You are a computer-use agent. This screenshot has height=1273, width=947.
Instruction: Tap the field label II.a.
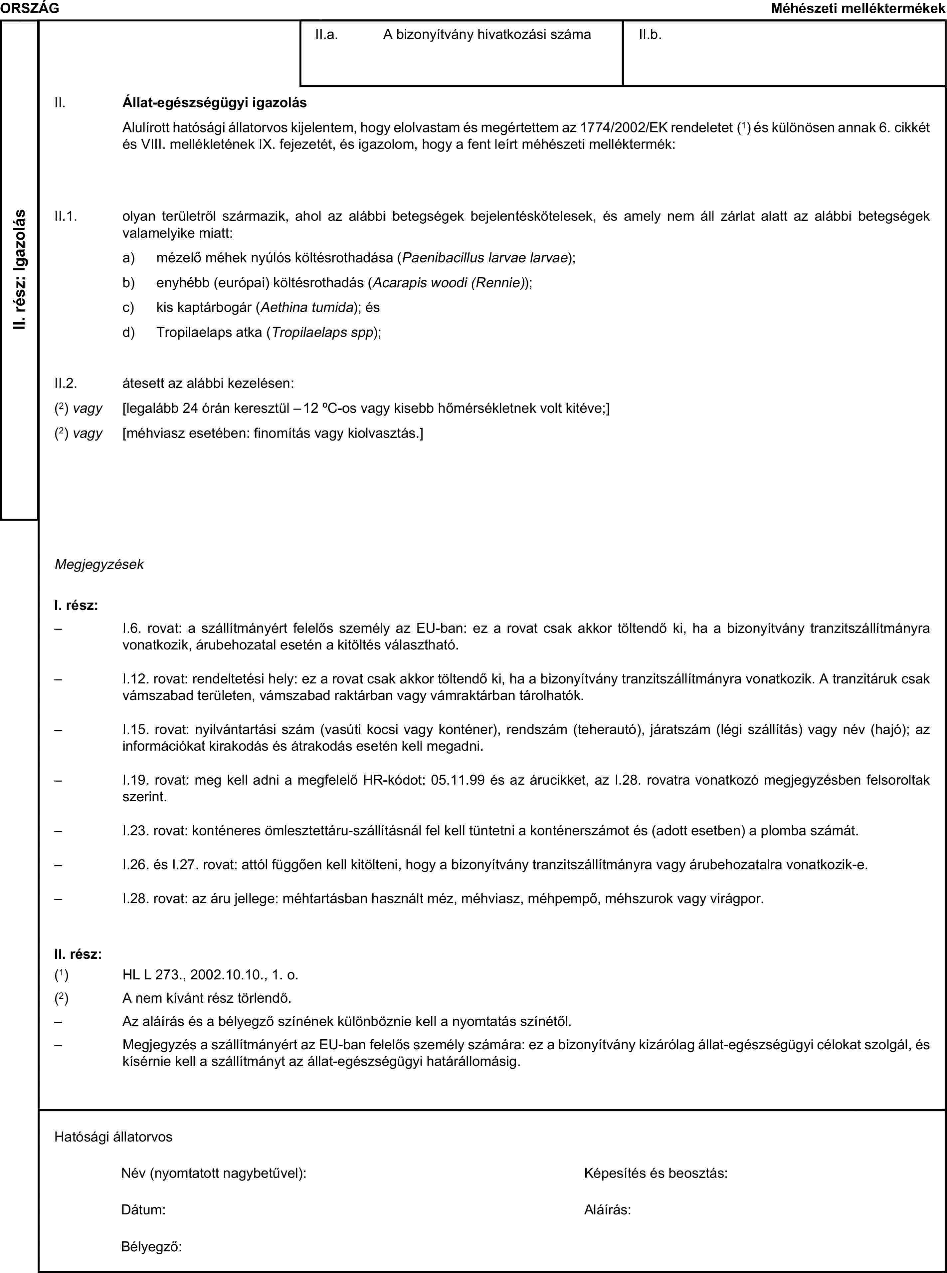(x=326, y=34)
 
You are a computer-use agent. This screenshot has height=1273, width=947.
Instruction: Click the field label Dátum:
(x=144, y=1209)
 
